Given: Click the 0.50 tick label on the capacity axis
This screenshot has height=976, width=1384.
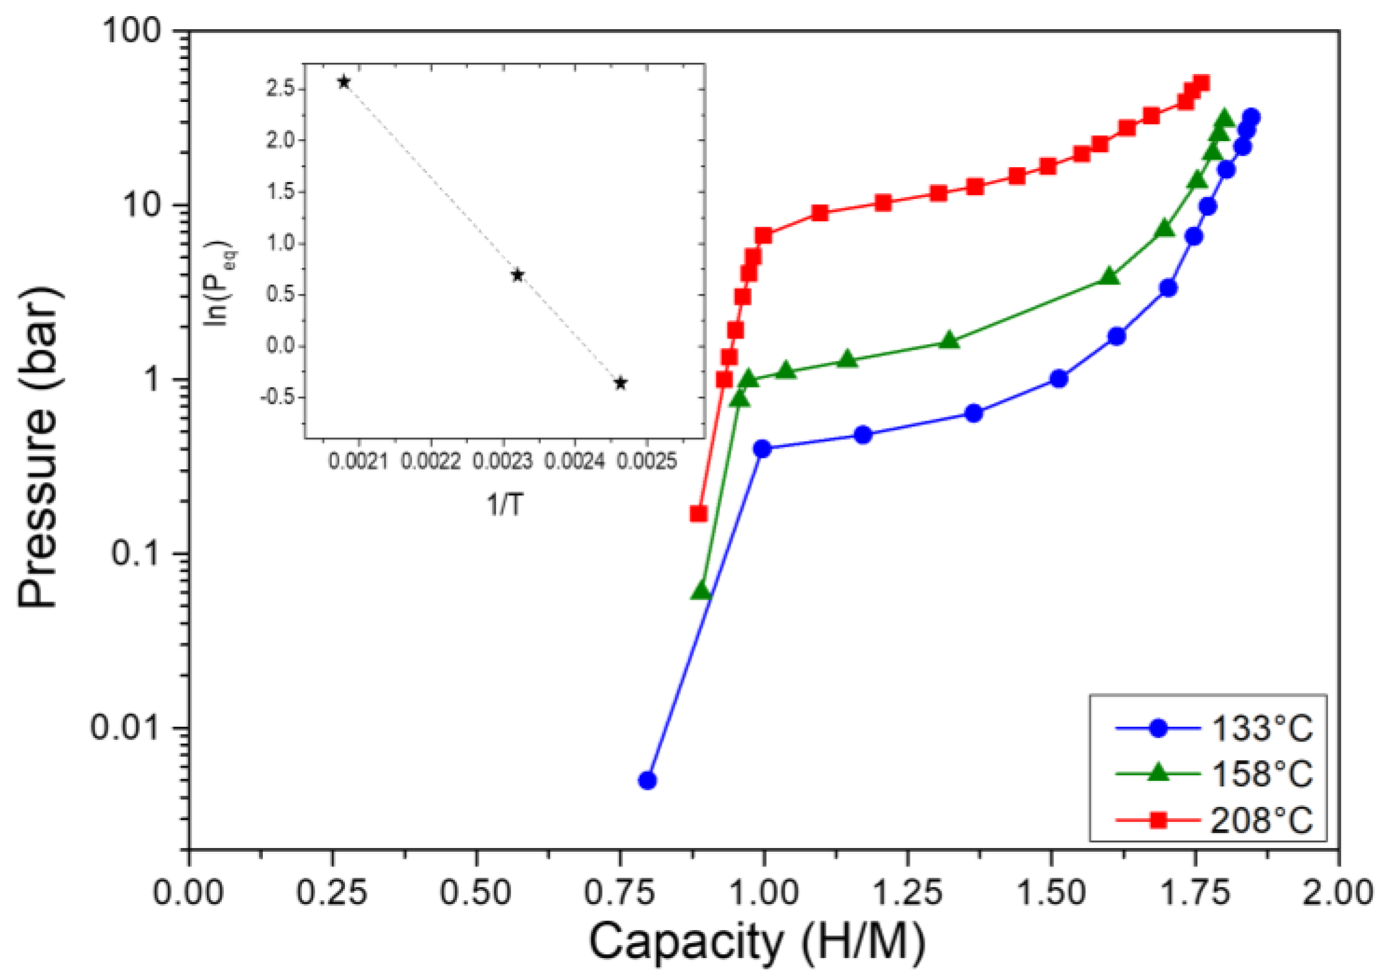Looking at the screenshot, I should point(475,893).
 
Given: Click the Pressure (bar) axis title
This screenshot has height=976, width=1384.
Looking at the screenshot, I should point(39,447).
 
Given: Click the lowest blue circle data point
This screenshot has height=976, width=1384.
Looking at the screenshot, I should point(648,780).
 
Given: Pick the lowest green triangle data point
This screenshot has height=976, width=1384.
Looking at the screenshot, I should point(701,591).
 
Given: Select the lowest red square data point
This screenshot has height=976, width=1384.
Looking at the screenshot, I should point(699,514).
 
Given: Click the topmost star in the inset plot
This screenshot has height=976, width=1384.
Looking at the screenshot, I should point(344,82).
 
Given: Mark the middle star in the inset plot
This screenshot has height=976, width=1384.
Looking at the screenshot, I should point(517,275).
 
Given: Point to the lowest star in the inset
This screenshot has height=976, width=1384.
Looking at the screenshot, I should point(620,383).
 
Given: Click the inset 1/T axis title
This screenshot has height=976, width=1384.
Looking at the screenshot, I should point(505,505).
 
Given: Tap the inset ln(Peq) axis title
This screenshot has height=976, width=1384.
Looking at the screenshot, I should point(220,283).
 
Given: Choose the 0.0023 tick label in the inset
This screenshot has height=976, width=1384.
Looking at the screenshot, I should point(502,461).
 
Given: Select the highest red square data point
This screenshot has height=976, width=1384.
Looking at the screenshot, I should point(1201,83).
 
